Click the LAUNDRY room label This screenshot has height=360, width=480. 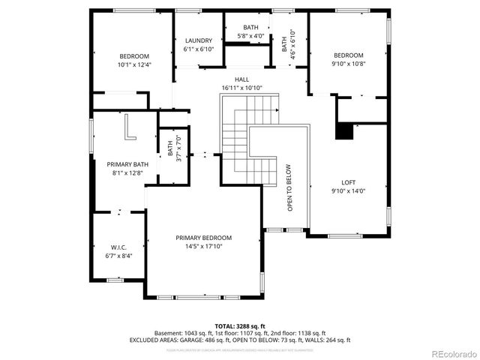(199, 40)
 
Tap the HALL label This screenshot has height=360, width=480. (241, 79)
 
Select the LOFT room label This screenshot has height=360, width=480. (348, 182)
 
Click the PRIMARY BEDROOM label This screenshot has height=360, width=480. (199, 237)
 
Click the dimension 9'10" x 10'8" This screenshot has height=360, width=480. (348, 64)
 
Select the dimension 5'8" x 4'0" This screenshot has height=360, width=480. (251, 36)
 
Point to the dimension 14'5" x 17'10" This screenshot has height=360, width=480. (199, 245)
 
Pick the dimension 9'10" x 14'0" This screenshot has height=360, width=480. (348, 190)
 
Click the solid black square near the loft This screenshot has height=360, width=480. (343, 132)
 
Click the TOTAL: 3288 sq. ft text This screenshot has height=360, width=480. (240, 325)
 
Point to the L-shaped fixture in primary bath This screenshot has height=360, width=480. (130, 126)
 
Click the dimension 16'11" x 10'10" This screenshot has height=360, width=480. (241, 88)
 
